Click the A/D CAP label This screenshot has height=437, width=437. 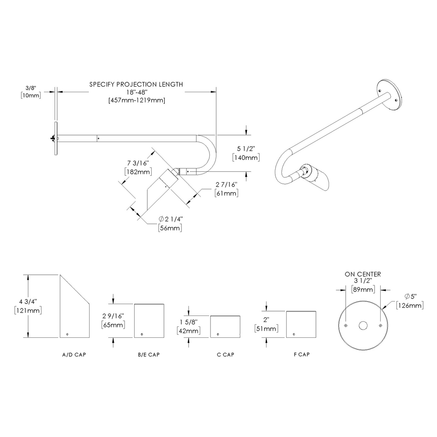[74, 354]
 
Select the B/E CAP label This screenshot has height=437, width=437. [149, 354]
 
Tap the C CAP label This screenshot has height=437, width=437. [225, 354]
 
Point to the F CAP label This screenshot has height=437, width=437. [301, 354]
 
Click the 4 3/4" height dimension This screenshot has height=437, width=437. [28, 302]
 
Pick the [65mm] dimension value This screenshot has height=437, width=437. [114, 325]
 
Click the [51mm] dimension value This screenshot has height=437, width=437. [265, 329]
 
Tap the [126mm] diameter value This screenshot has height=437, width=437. [410, 305]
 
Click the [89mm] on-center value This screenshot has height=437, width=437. [363, 289]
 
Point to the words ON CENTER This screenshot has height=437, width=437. [363, 274]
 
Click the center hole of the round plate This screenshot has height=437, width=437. [363, 326]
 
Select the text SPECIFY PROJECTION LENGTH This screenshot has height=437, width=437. [136, 84]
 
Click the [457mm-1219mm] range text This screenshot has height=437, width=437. [136, 100]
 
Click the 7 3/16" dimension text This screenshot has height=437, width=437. [138, 163]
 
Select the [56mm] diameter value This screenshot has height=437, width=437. [170, 228]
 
